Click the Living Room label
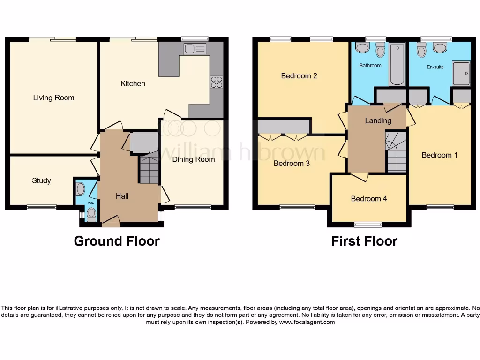click(53, 97)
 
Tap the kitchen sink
click(195, 49)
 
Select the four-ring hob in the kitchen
click(216, 82)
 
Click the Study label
click(41, 180)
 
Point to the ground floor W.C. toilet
click(91, 215)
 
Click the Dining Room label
click(193, 159)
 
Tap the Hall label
click(122, 196)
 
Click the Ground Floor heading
click(117, 241)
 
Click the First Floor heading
click(364, 241)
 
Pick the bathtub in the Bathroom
click(397, 64)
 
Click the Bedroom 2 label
click(299, 75)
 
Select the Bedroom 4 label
click(369, 198)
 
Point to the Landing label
click(378, 120)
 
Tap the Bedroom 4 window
click(368, 224)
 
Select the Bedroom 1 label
click(439, 155)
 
